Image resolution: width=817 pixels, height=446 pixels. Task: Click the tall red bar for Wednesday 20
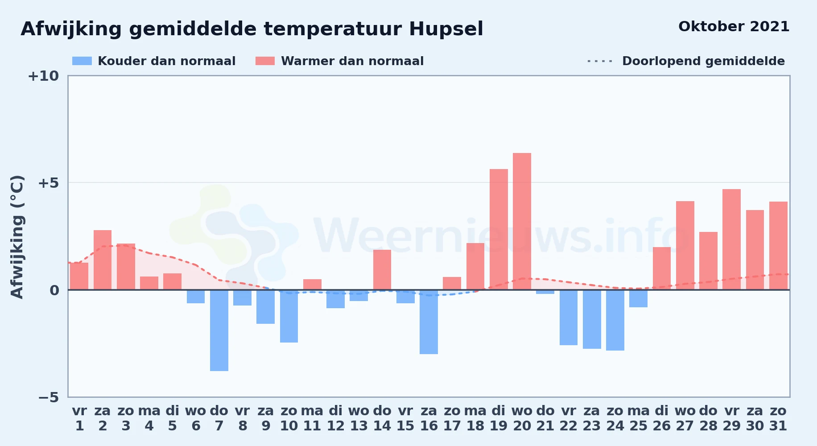522,221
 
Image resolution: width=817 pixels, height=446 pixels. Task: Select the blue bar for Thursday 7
219,330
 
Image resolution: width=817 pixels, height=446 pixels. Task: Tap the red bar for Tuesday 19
499,229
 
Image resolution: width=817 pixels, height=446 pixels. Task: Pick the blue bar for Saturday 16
429,322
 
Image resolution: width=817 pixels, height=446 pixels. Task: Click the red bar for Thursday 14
382,270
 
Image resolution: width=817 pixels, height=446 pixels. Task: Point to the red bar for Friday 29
731,240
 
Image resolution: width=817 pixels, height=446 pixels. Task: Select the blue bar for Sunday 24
615,320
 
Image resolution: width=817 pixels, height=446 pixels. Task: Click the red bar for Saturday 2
103,260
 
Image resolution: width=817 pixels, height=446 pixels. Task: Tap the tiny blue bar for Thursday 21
545,292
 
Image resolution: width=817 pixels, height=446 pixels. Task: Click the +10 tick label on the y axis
43,76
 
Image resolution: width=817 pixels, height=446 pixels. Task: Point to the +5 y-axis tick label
49,183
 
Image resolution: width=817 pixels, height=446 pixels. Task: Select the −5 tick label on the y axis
49,397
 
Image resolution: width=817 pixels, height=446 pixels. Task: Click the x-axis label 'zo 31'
778,418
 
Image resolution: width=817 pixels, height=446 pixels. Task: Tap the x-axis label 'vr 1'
79,418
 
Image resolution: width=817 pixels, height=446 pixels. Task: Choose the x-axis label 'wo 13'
359,418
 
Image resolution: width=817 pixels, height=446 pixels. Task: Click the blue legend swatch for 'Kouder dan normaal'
82,61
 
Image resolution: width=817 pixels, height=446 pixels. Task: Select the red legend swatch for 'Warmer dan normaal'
265,61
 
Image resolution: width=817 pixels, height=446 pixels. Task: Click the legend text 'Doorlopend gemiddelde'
703,61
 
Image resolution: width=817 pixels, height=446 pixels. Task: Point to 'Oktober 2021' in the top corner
734,27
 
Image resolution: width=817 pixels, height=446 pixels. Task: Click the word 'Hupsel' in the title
446,29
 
